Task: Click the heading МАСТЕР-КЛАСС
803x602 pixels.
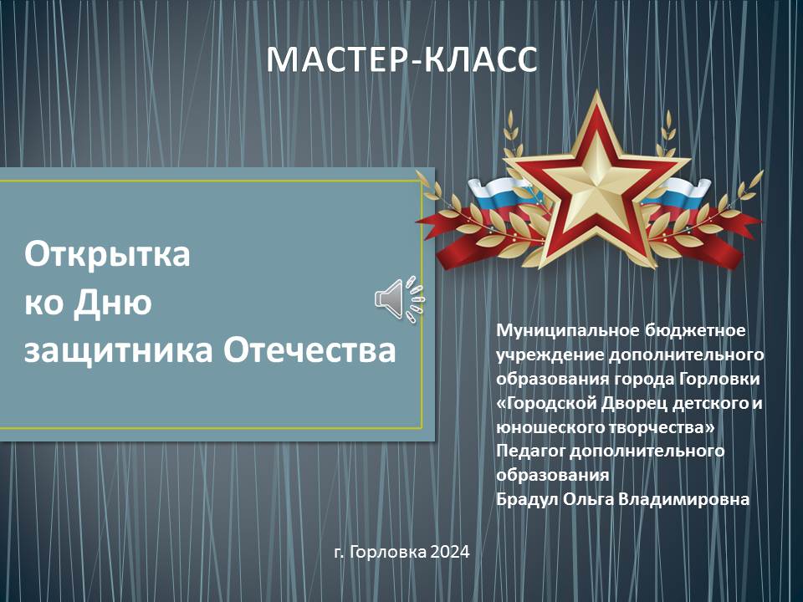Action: coord(401,59)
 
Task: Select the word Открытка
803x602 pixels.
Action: coord(107,254)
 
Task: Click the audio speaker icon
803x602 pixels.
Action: coord(398,298)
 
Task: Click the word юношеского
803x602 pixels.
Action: coord(544,427)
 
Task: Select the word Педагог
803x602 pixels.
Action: coord(530,451)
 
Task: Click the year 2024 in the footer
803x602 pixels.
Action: coord(450,553)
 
